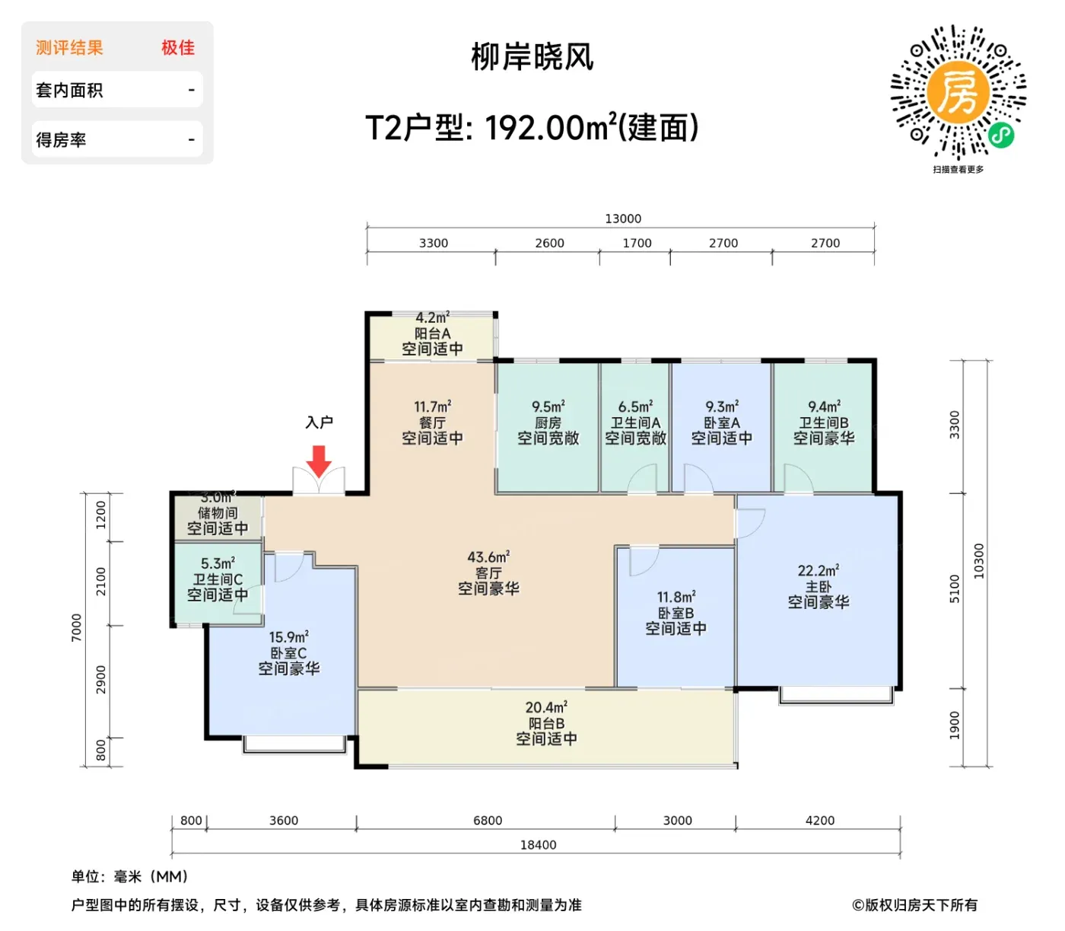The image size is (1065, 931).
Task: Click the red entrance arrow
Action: [319, 461]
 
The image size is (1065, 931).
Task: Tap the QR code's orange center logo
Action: [957, 94]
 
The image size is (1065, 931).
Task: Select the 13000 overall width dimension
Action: [622, 218]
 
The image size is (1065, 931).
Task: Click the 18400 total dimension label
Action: [538, 844]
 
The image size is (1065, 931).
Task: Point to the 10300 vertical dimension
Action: [978, 560]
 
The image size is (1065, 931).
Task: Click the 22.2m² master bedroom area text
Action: [819, 570]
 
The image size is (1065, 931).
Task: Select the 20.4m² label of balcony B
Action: [546, 707]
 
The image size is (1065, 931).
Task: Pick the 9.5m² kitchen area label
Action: [548, 407]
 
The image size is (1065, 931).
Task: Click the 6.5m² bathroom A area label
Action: [635, 407]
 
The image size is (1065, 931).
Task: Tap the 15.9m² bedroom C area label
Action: [289, 637]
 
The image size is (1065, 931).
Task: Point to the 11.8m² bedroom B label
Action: [676, 596]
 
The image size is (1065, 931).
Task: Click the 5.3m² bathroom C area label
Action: [218, 563]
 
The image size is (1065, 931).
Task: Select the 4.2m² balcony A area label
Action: [432, 317]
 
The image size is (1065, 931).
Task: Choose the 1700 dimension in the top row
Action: [637, 243]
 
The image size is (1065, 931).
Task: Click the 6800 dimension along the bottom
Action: [487, 820]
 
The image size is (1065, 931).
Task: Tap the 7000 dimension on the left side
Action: [77, 627]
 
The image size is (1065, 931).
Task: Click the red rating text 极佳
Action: [177, 48]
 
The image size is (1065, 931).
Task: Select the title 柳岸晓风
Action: [532, 57]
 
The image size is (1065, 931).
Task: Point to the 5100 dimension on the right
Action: [954, 589]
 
